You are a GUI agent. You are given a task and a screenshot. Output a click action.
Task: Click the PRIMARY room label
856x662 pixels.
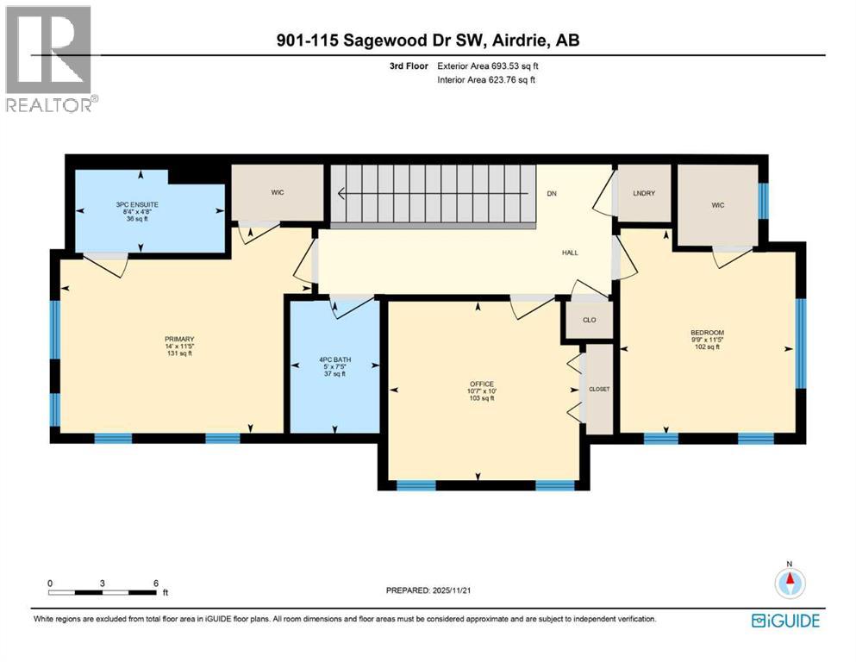point(179,339)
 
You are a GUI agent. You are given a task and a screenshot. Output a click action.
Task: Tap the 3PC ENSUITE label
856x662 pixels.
point(138,204)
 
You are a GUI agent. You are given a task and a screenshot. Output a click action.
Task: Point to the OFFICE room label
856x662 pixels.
point(481,384)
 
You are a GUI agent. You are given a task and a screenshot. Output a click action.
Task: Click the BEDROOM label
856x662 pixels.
point(706,333)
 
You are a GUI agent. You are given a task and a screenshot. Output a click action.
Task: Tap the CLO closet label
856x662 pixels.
point(589,320)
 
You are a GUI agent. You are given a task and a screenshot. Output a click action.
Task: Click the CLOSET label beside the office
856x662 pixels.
point(599,389)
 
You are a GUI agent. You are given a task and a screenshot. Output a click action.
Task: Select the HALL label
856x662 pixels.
point(569,253)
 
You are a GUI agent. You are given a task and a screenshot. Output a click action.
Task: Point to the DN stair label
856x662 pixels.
point(552,193)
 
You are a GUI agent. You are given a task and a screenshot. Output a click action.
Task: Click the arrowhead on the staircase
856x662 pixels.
point(342,194)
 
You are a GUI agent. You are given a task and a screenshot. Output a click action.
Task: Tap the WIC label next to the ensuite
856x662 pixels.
point(278,192)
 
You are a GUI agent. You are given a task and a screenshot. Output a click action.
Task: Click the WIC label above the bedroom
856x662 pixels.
point(716,206)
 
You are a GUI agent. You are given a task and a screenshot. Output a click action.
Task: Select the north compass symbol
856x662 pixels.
point(788,583)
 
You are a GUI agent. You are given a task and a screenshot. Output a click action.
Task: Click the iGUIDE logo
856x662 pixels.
point(785,620)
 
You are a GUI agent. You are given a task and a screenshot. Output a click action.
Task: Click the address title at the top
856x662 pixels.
point(428,41)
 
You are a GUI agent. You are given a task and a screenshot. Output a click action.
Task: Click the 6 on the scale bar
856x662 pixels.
point(156,584)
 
